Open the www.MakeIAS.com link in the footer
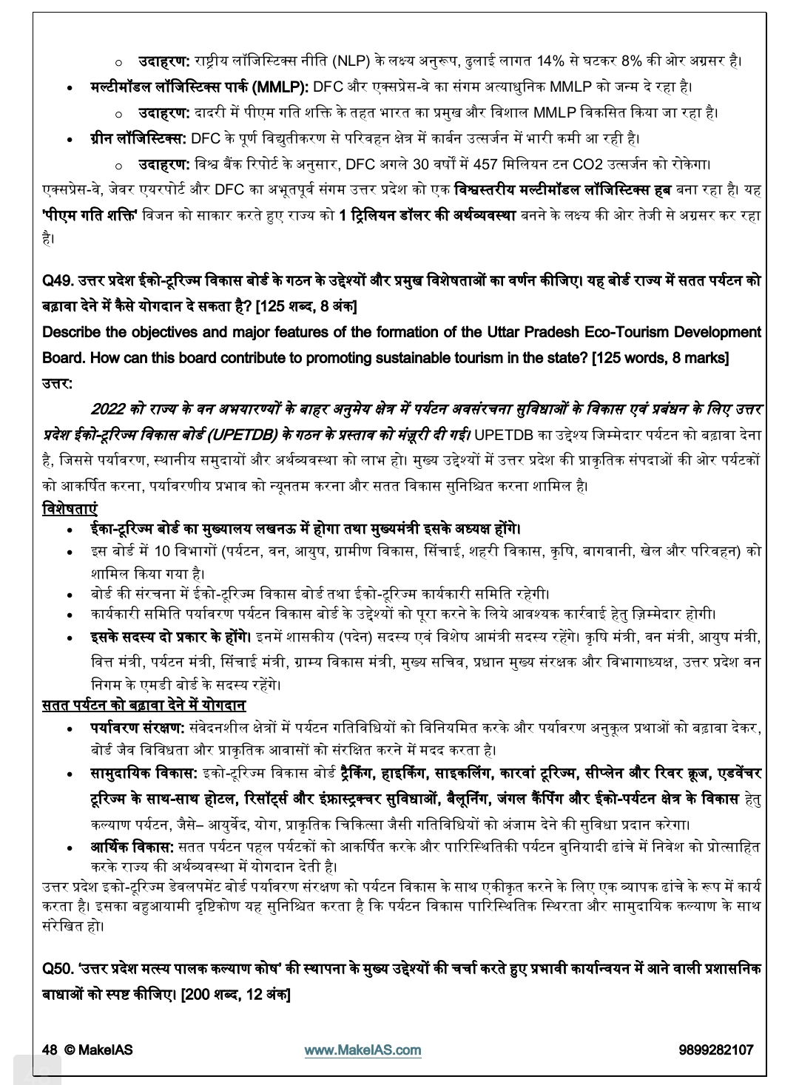[x=363, y=1050]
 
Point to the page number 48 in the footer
[x=50, y=1050]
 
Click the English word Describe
[x=73, y=333]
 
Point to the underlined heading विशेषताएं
[x=70, y=510]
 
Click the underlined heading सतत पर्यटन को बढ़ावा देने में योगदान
[x=144, y=706]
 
